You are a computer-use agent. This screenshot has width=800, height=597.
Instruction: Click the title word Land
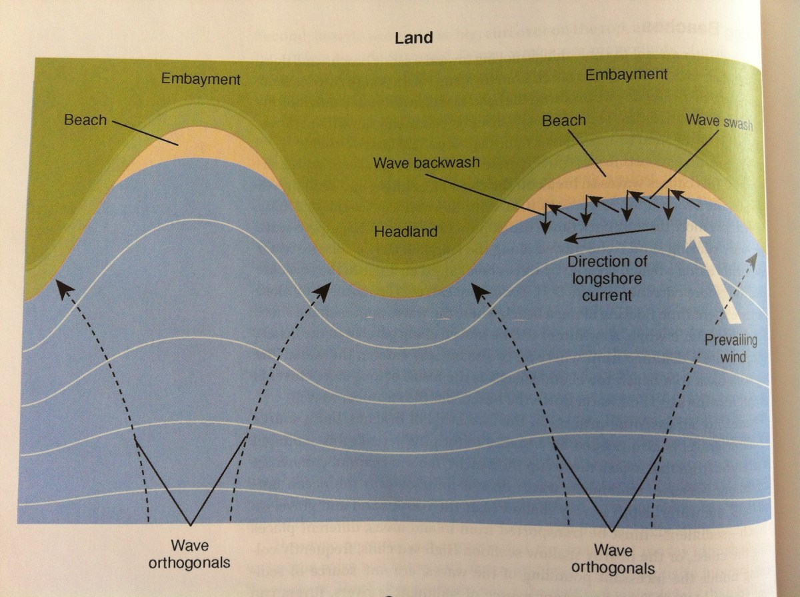(x=413, y=38)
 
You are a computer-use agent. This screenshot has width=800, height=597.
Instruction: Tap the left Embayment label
(x=201, y=80)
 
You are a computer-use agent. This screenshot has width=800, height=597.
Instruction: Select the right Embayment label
(x=626, y=75)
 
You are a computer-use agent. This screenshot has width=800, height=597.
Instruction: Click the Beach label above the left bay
(x=85, y=121)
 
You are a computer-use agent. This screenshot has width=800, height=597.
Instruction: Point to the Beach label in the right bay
(x=563, y=121)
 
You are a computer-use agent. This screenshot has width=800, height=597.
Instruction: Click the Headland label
(x=405, y=232)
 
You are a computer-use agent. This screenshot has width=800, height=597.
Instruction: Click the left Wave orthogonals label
(x=190, y=554)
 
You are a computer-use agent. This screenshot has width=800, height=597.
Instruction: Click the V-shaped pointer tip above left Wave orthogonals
(x=191, y=525)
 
